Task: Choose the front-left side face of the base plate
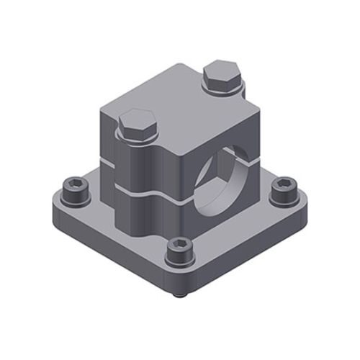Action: (x=108, y=248)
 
